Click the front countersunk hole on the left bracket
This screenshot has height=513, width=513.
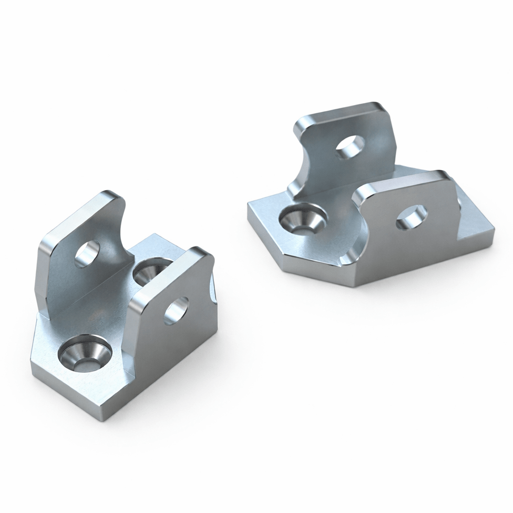click(x=85, y=352)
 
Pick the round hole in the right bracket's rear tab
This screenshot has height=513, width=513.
click(x=350, y=147)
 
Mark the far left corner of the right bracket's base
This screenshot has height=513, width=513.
click(x=249, y=206)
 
